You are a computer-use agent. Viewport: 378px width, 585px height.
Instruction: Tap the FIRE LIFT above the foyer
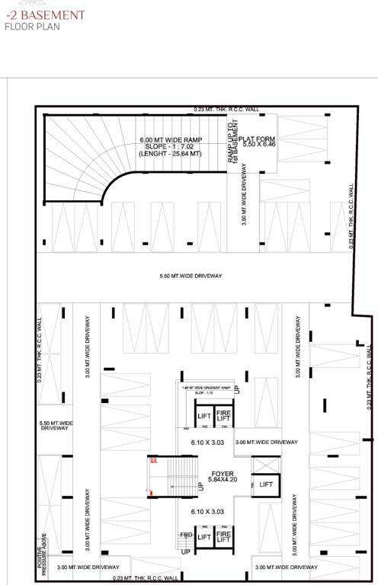tap(224, 415)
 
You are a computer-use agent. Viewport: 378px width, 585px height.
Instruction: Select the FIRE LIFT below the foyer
tap(224, 538)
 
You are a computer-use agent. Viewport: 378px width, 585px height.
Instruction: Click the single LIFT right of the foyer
tap(266, 484)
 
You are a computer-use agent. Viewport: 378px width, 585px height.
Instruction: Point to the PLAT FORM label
tap(251, 139)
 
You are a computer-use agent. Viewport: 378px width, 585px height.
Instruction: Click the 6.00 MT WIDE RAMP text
tap(170, 140)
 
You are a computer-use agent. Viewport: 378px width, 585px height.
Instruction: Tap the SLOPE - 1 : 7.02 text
tap(170, 147)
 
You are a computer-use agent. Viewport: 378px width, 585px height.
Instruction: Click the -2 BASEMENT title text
tap(34, 14)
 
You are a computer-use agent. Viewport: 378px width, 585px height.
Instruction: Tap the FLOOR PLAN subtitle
tap(31, 26)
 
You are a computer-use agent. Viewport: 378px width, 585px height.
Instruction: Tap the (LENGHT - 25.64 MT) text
tap(170, 155)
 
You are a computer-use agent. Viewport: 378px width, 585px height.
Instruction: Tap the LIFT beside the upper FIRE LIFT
tap(203, 416)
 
